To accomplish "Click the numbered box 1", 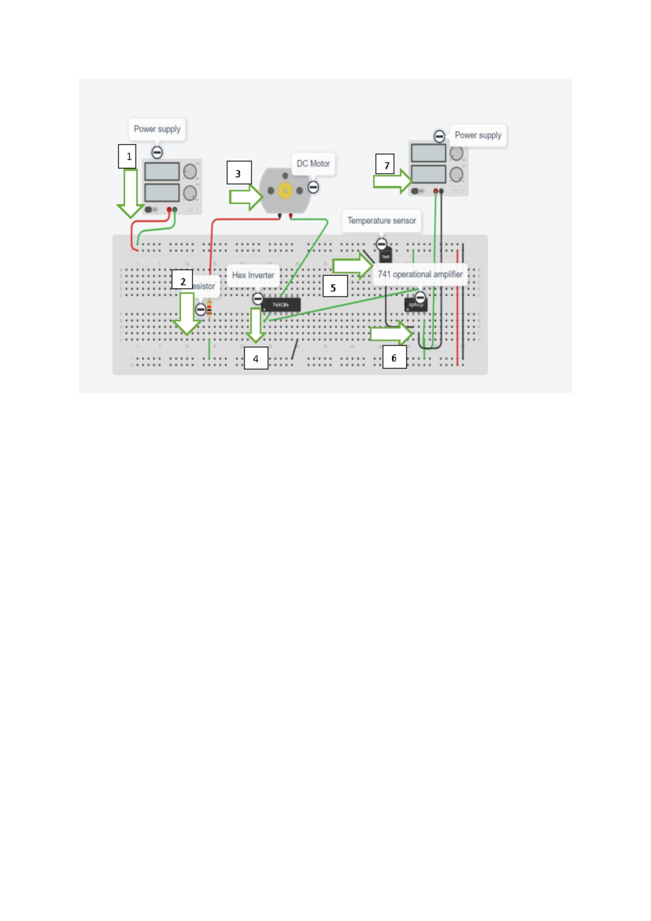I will point(127,156).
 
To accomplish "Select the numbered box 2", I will point(182,280).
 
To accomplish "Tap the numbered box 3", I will point(239,173).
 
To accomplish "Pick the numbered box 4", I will point(256,358).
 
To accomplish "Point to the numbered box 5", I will point(335,286).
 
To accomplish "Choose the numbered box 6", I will point(394,358).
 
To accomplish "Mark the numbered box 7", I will point(385,164).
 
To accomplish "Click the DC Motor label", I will point(313,163).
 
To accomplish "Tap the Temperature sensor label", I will point(381,220).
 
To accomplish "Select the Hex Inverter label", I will point(253,275).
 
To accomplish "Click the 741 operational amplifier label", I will point(420,274).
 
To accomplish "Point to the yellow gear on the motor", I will point(285,190).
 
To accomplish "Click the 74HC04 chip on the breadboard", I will point(281,305).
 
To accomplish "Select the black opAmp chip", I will point(416,306).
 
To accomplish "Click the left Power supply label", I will point(157,129).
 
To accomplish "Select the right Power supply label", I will point(478,135).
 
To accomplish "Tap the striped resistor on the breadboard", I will point(209,309).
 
